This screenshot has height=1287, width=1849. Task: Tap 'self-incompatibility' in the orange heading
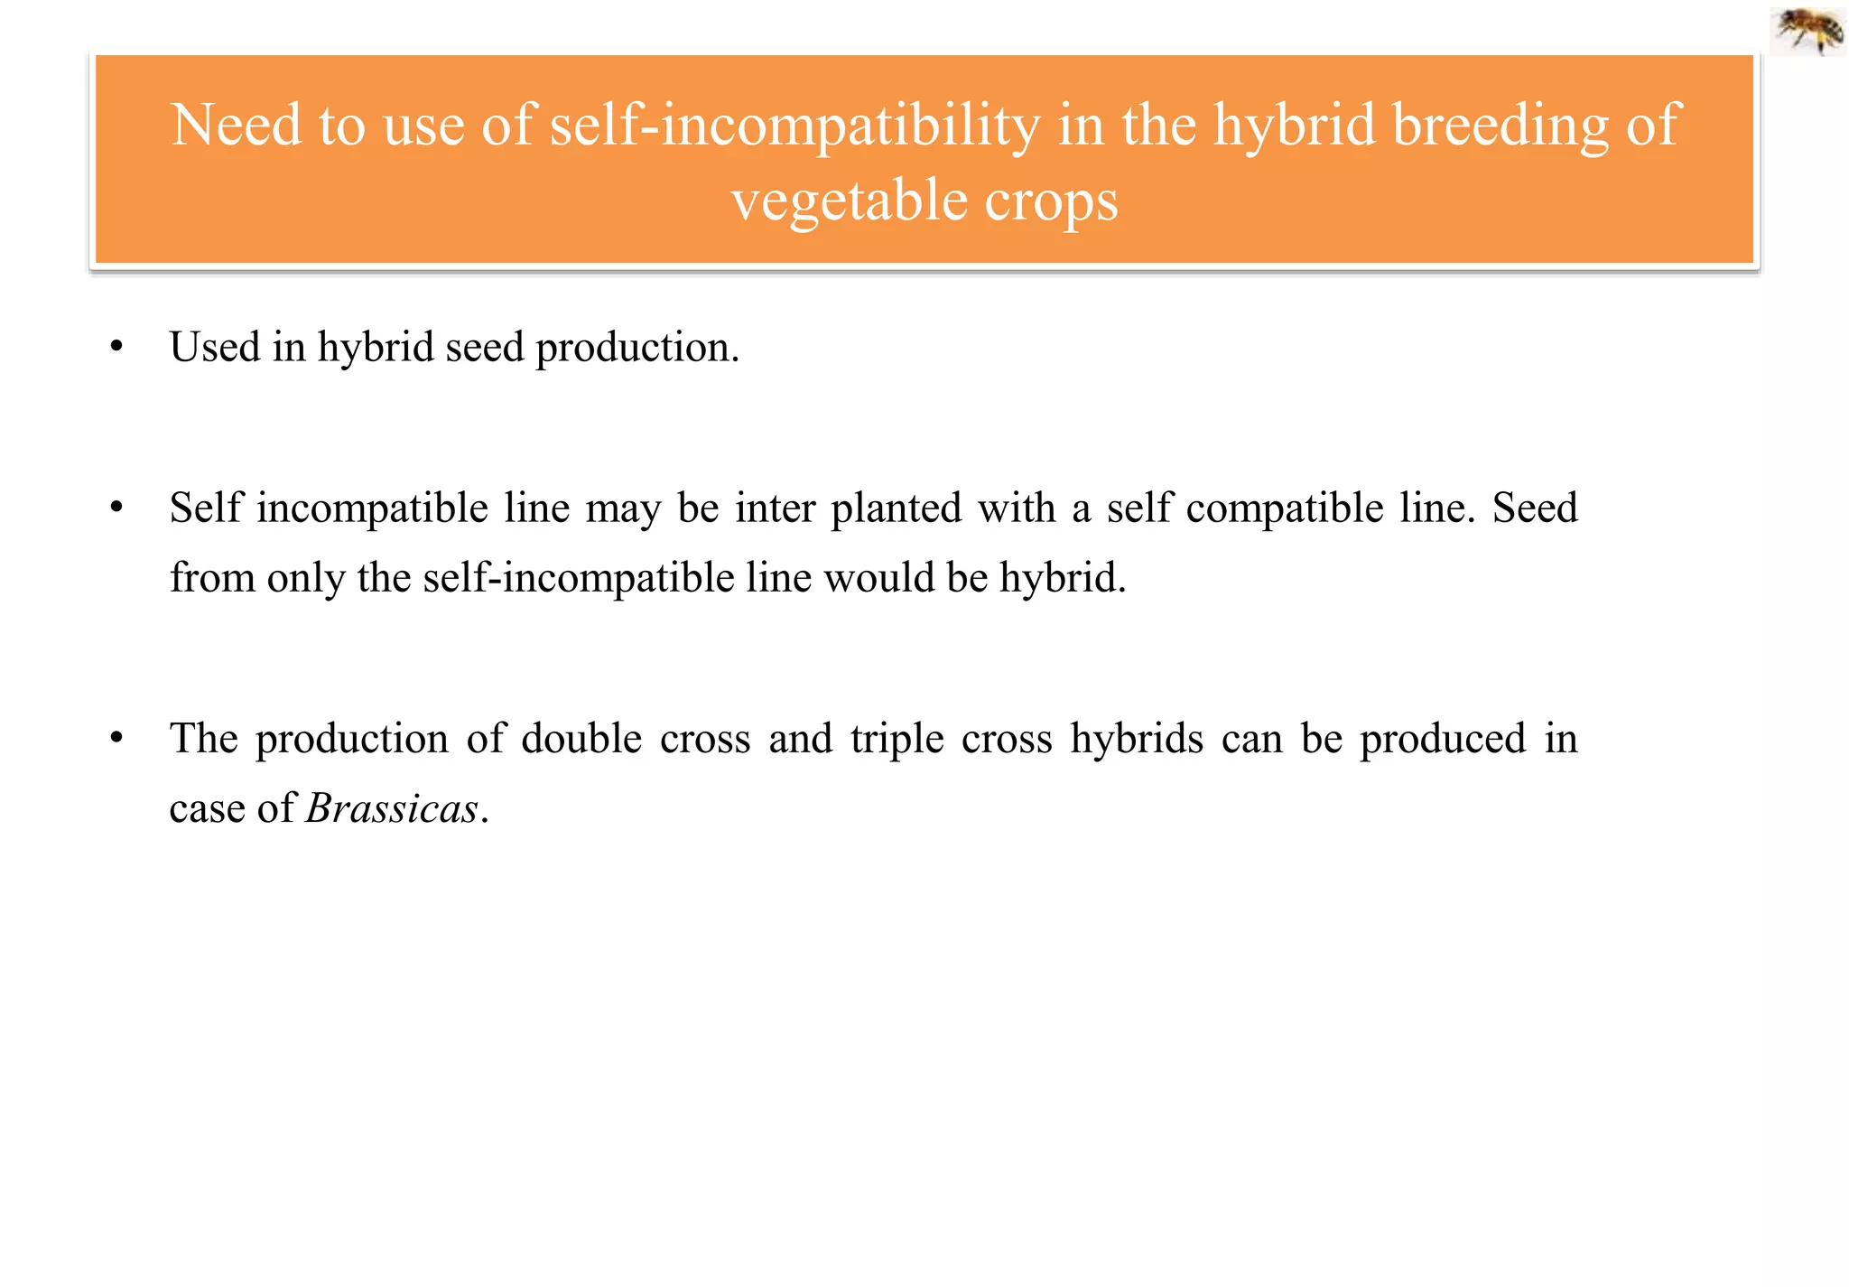pos(794,125)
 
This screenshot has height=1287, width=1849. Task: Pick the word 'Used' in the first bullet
pos(215,347)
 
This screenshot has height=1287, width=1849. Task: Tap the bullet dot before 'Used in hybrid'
pos(116,347)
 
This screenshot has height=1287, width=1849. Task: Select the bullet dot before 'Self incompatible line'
pos(116,508)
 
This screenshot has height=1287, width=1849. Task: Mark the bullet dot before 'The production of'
pos(116,738)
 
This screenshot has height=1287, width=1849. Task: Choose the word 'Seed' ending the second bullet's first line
pos(1535,508)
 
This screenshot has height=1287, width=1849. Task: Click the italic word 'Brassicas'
pos(392,808)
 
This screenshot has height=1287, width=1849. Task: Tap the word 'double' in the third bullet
pos(581,739)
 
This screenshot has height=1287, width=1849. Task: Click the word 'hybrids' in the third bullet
pos(1137,739)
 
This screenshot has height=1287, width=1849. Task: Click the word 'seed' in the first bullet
pos(485,348)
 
